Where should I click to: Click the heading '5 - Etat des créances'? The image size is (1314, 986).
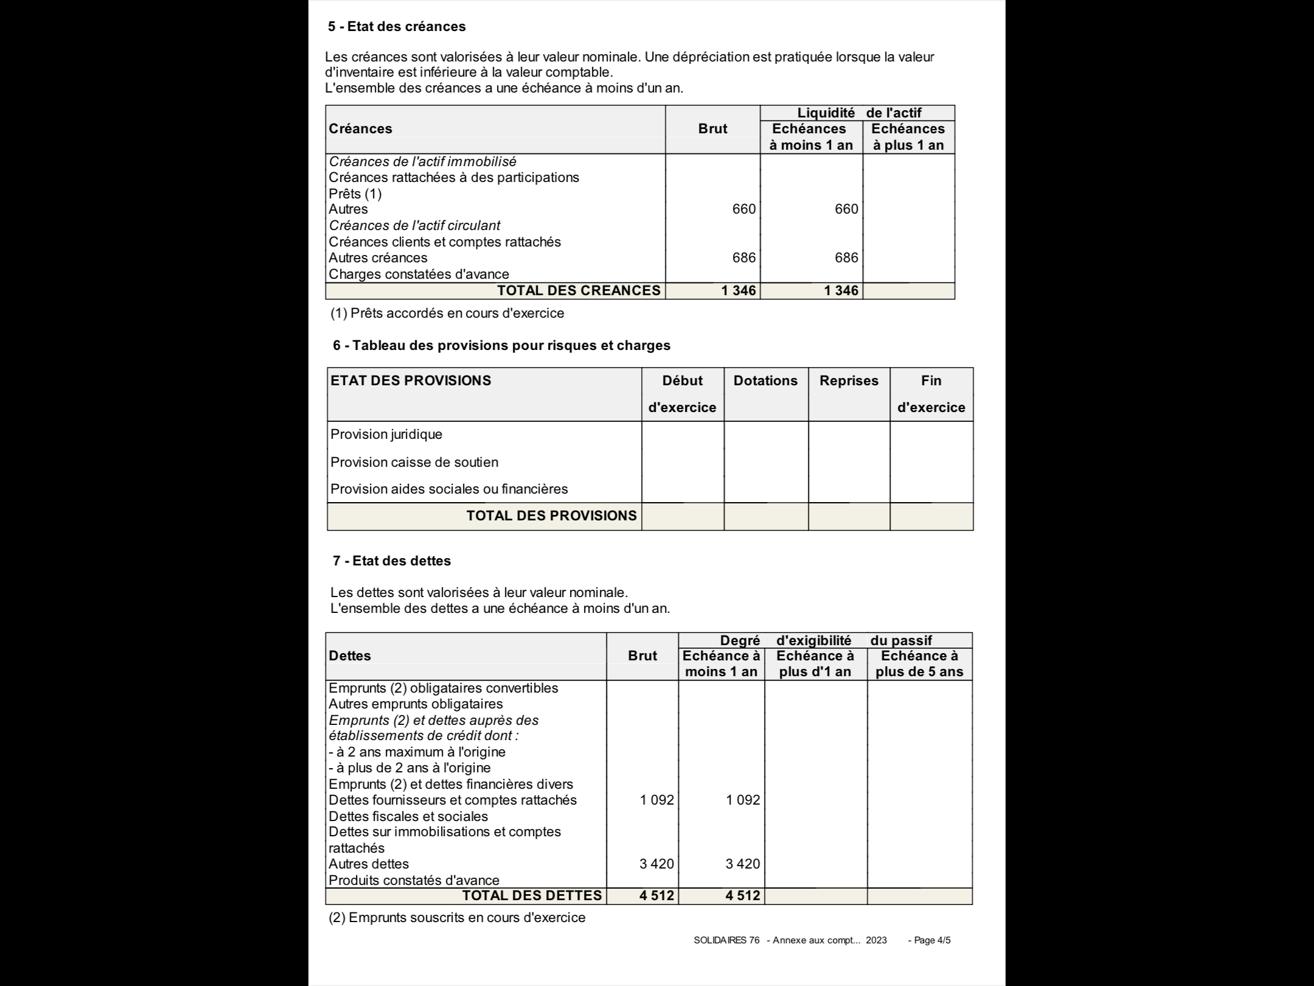[x=397, y=27]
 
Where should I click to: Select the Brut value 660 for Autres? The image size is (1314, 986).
[x=743, y=209]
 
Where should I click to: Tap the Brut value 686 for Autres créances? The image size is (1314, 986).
[x=743, y=258]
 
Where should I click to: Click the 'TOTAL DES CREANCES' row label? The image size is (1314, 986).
[x=579, y=291]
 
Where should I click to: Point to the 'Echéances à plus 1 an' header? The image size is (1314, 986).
[x=908, y=137]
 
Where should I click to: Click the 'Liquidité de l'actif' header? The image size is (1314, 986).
[x=858, y=113]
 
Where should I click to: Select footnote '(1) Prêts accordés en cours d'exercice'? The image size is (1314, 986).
[x=447, y=313]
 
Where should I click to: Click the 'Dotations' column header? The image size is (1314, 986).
[x=765, y=381]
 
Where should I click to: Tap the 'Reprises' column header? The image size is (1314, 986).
[x=849, y=381]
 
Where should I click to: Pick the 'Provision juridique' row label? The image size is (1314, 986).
[x=386, y=435]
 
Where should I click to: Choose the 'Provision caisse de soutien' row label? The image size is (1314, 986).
[x=414, y=463]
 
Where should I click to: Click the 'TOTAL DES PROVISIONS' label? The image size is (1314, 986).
[x=551, y=516]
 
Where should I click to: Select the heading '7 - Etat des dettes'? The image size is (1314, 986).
[x=392, y=561]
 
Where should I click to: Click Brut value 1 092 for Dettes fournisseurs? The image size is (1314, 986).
[x=656, y=800]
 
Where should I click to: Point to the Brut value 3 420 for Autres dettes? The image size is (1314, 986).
[x=656, y=864]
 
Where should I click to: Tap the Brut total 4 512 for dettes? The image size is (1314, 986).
[x=656, y=896]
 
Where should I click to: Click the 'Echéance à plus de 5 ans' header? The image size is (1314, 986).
[x=919, y=664]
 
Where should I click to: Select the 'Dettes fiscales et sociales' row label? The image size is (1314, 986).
[x=408, y=817]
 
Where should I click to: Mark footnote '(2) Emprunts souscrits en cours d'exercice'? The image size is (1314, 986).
[x=457, y=918]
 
